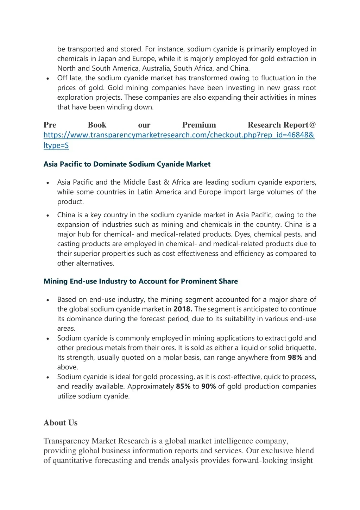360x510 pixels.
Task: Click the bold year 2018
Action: pyautogui.click(x=182, y=309)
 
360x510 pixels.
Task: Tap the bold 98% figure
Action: pyautogui.click(x=295, y=357)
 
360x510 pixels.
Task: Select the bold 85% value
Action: pyautogui.click(x=183, y=386)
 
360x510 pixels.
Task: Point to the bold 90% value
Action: pyautogui.click(x=209, y=386)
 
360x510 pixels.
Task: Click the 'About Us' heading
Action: pyautogui.click(x=61, y=423)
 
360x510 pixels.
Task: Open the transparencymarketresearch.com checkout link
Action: pyautogui.click(x=179, y=135)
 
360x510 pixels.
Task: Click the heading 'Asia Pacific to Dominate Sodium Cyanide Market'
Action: pyautogui.click(x=127, y=164)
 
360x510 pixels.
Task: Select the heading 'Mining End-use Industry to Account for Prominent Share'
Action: pyautogui.click(x=141, y=281)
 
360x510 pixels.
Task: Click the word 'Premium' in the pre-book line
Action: pyautogui.click(x=199, y=125)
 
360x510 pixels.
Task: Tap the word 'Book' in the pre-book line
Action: pyautogui.click(x=97, y=125)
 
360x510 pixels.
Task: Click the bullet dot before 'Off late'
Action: pyautogui.click(x=48, y=79)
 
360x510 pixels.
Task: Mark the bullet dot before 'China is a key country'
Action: pyautogui.click(x=48, y=216)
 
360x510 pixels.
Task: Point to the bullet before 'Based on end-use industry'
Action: pyautogui.click(x=48, y=300)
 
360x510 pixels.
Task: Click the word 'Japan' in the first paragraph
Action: pyautogui.click(x=107, y=59)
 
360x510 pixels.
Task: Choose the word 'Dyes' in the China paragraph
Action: pyautogui.click(x=242, y=234)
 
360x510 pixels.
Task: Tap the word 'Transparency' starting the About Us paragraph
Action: pyautogui.click(x=67, y=441)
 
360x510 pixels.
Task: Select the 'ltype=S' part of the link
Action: pyautogui.click(x=56, y=145)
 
